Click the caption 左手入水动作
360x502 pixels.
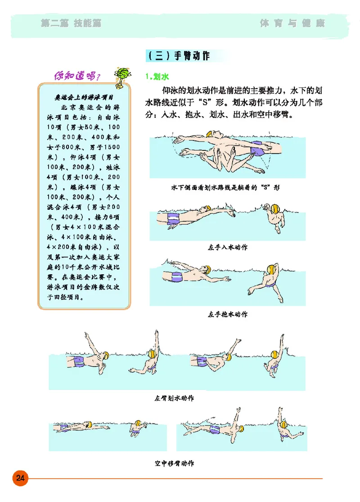[x=227, y=247]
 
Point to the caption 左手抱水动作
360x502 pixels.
[x=227, y=314]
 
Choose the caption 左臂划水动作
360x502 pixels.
[x=174, y=398]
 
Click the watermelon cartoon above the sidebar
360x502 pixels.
[x=121, y=74]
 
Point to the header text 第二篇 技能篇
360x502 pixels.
[x=71, y=23]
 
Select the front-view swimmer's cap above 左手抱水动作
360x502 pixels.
[x=272, y=270]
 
